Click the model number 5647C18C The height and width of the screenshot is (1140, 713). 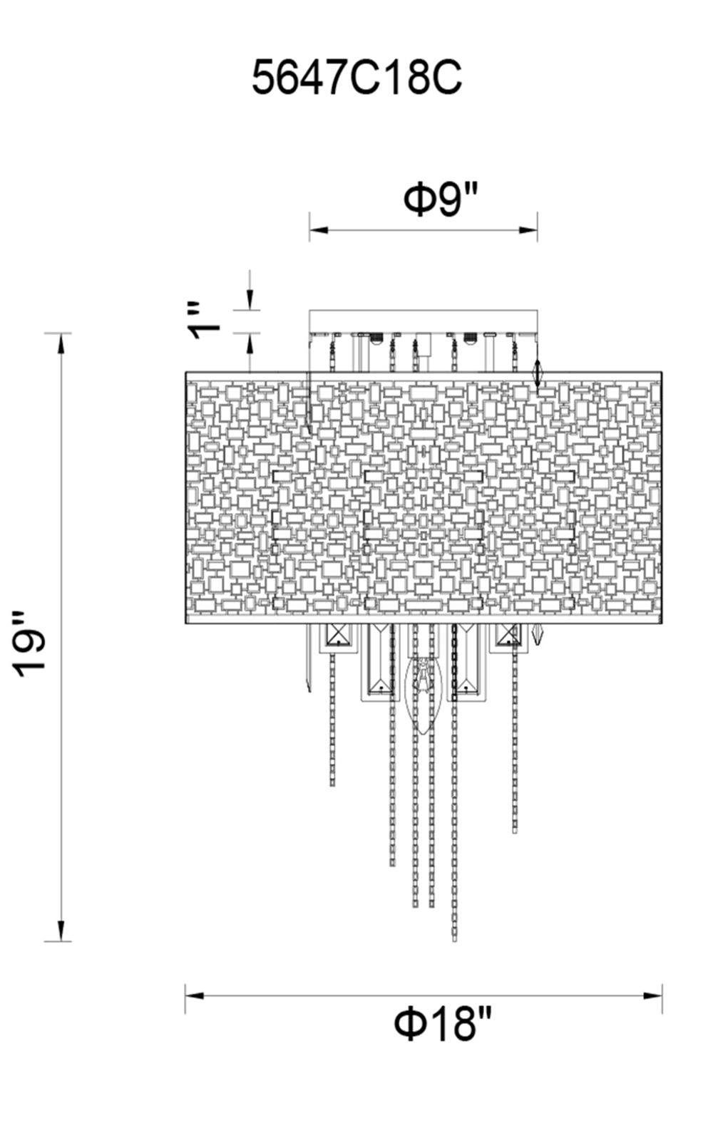[x=356, y=78]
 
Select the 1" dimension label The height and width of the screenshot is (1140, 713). [x=202, y=321]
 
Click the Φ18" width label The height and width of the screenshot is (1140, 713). [x=443, y=1024]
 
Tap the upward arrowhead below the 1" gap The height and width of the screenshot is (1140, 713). [x=250, y=343]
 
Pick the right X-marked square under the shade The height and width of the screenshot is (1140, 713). [x=509, y=634]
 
